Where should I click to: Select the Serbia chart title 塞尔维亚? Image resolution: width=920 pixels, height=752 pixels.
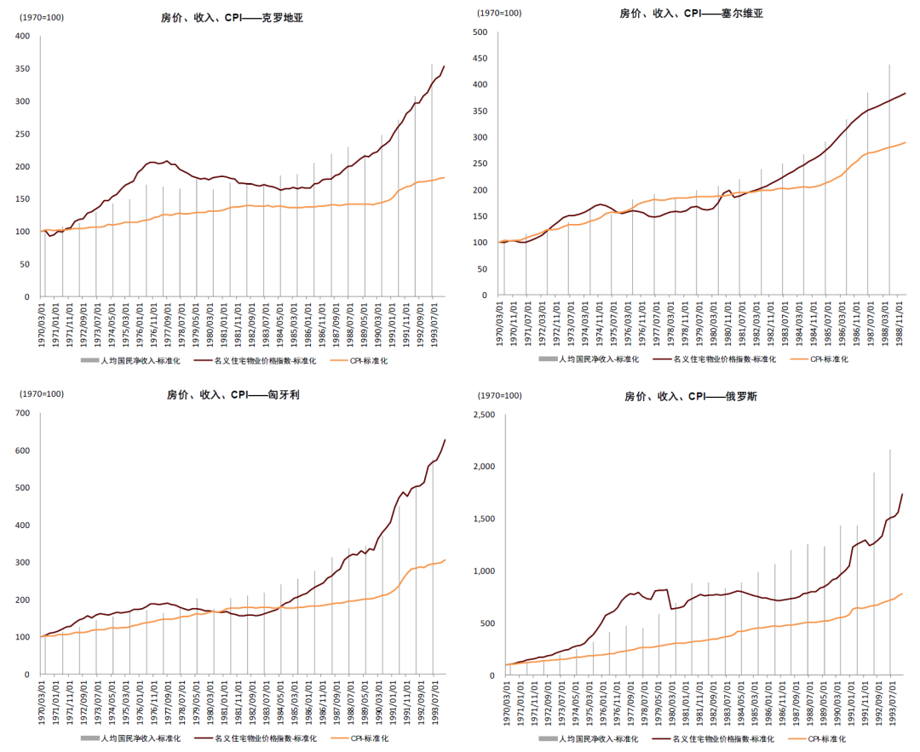click(x=739, y=14)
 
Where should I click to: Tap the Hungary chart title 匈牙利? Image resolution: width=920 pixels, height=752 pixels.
click(x=284, y=395)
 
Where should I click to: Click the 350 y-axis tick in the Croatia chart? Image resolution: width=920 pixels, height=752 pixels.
click(x=22, y=69)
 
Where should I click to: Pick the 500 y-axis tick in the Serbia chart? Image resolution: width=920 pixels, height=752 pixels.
click(x=480, y=32)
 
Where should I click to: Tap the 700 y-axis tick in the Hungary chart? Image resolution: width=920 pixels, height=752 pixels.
click(x=22, y=413)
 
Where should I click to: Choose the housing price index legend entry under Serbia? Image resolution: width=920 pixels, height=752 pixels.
click(x=715, y=359)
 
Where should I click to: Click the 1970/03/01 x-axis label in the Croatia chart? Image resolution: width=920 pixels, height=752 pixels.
click(x=41, y=324)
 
